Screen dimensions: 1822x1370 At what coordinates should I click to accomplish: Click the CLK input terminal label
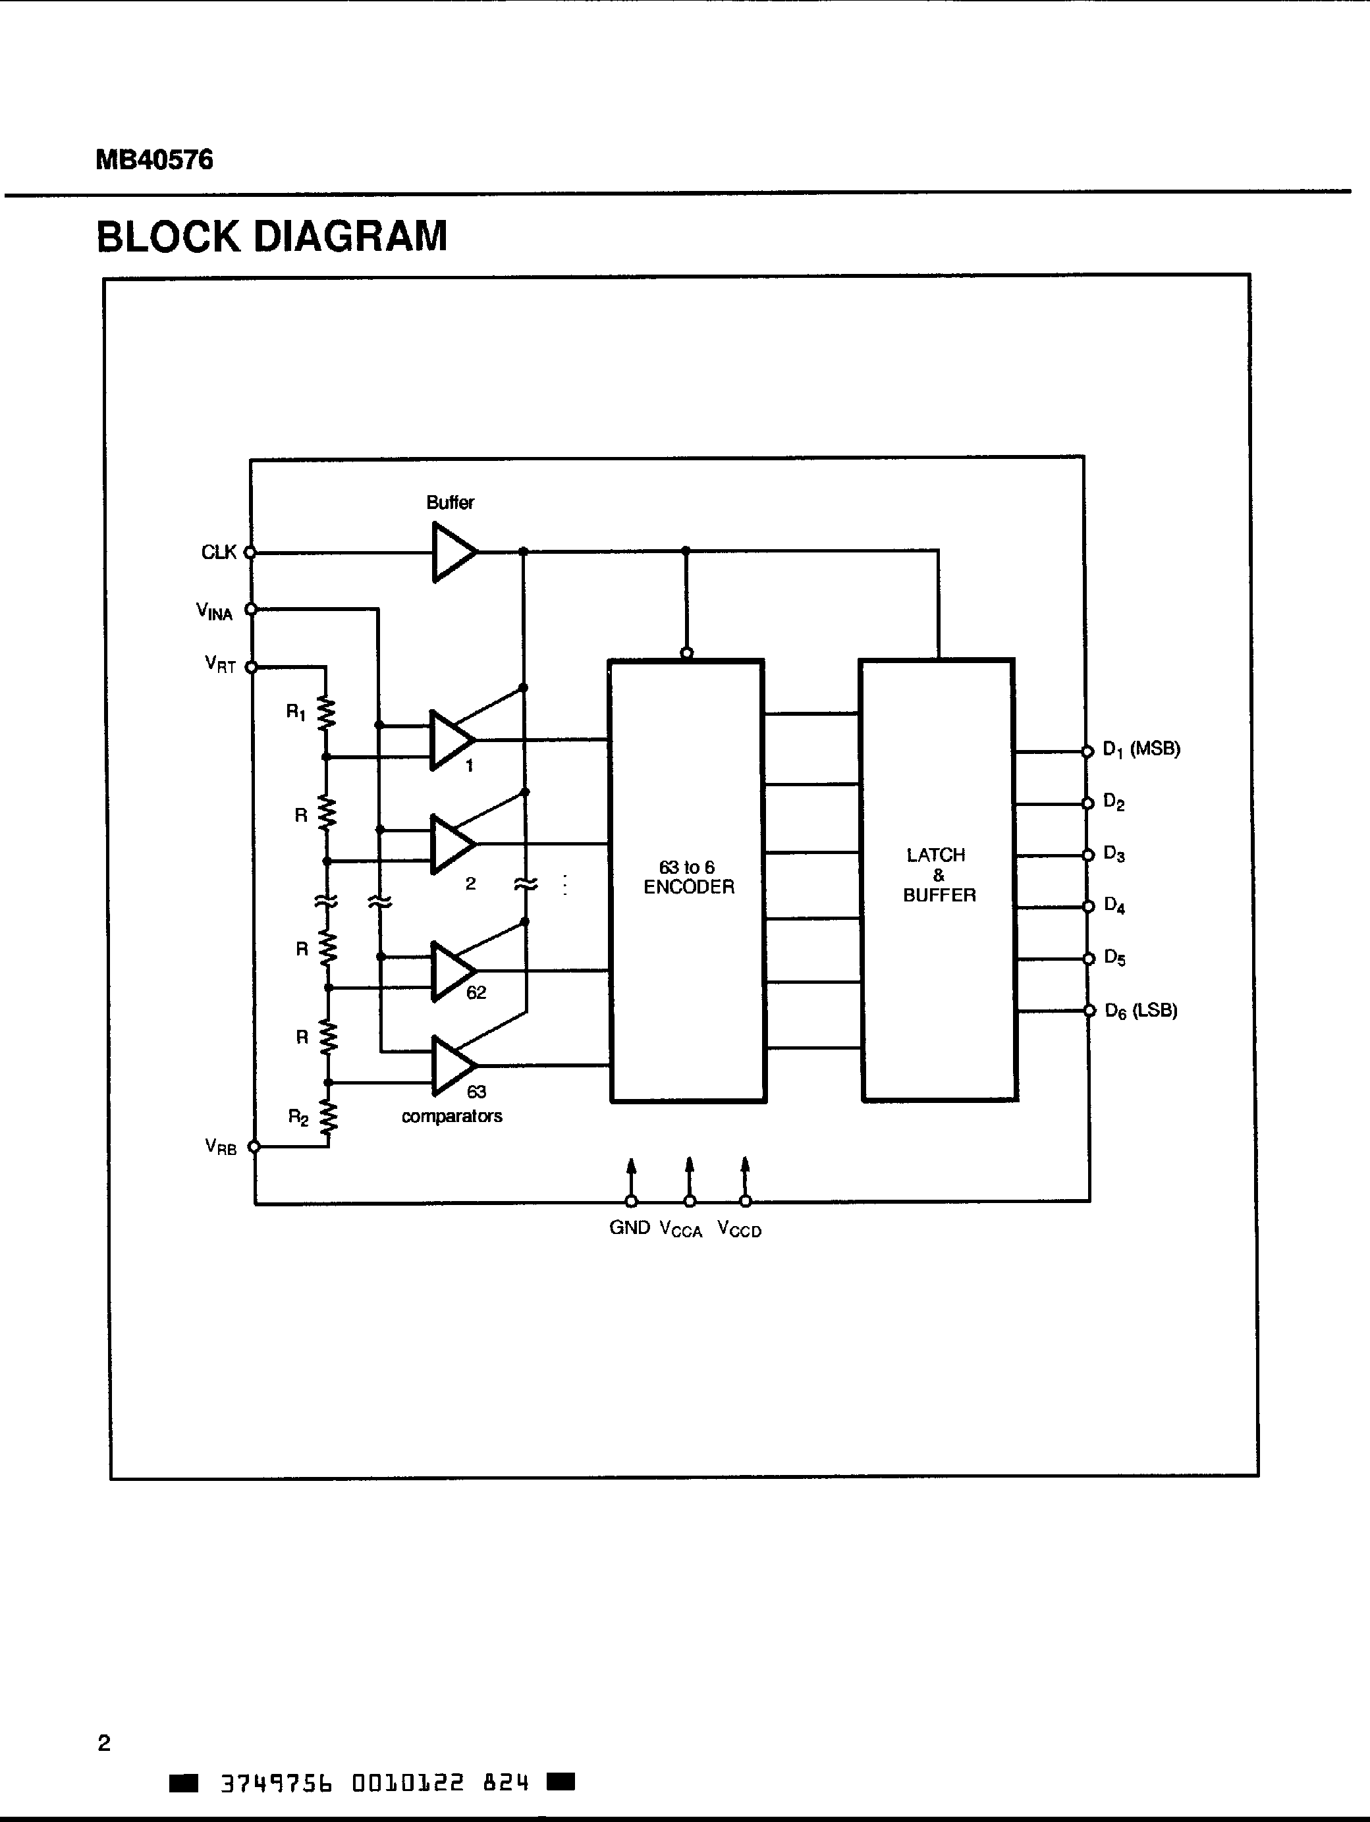pos(218,552)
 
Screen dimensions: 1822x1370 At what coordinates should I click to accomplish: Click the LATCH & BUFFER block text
pos(939,874)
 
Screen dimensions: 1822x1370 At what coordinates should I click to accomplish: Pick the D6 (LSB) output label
pos(1140,1011)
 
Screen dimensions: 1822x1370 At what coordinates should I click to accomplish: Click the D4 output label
pos(1114,905)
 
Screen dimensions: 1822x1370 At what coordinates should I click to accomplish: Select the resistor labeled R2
pos(329,1117)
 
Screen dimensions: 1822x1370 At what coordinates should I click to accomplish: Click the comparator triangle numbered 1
pos(450,739)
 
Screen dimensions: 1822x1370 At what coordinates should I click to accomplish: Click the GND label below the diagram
pos(630,1227)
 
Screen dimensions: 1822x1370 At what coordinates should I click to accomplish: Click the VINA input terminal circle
pos(251,608)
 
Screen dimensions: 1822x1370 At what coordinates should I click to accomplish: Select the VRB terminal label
pos(221,1146)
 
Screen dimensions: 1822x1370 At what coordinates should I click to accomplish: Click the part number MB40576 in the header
pos(154,159)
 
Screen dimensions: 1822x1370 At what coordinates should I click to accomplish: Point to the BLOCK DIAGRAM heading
pos(272,236)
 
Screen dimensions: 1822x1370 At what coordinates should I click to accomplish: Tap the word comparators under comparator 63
pos(451,1116)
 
